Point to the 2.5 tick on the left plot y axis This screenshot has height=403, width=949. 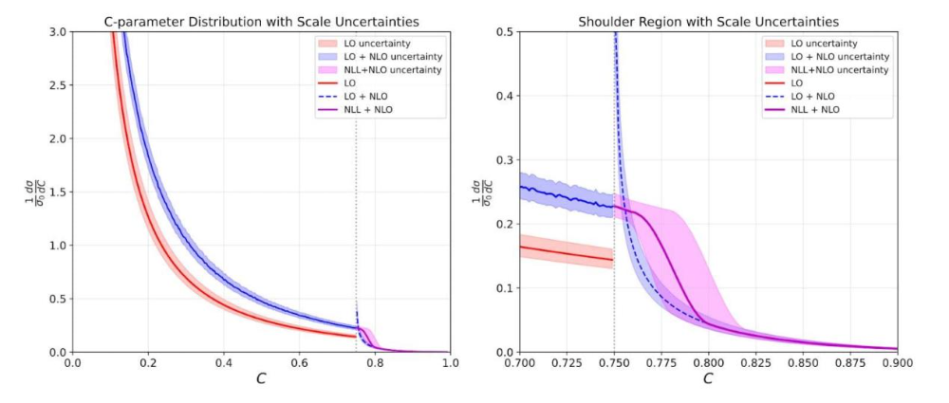[x=56, y=85]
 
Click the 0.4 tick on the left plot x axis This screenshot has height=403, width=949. [x=223, y=362]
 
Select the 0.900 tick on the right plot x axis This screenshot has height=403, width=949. [x=897, y=362]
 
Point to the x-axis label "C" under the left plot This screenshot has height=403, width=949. [x=261, y=378]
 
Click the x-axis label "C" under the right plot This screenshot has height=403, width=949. [x=708, y=378]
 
